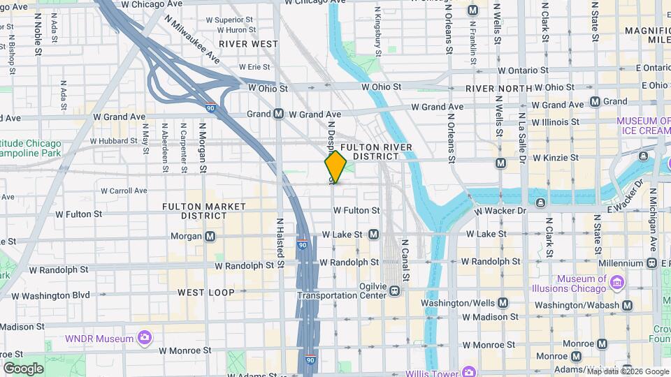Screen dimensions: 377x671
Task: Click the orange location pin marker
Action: pyautogui.click(x=335, y=167)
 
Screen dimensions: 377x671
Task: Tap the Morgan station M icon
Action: pyautogui.click(x=210, y=236)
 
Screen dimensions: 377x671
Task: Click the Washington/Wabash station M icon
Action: pyautogui.click(x=627, y=305)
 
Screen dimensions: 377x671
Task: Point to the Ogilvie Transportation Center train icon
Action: pyautogui.click(x=395, y=290)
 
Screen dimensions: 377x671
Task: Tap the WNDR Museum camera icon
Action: pyautogui.click(x=145, y=339)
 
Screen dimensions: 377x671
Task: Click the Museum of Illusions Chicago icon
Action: pyautogui.click(x=616, y=281)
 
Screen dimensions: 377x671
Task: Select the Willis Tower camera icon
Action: pyautogui.click(x=468, y=371)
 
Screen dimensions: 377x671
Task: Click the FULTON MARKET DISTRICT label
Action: pyautogui.click(x=204, y=211)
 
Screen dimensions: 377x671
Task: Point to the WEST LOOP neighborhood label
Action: pyautogui.click(x=206, y=293)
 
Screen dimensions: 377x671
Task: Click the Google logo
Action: pyautogui.click(x=23, y=368)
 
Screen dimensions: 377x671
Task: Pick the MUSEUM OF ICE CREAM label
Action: pyautogui.click(x=644, y=125)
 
